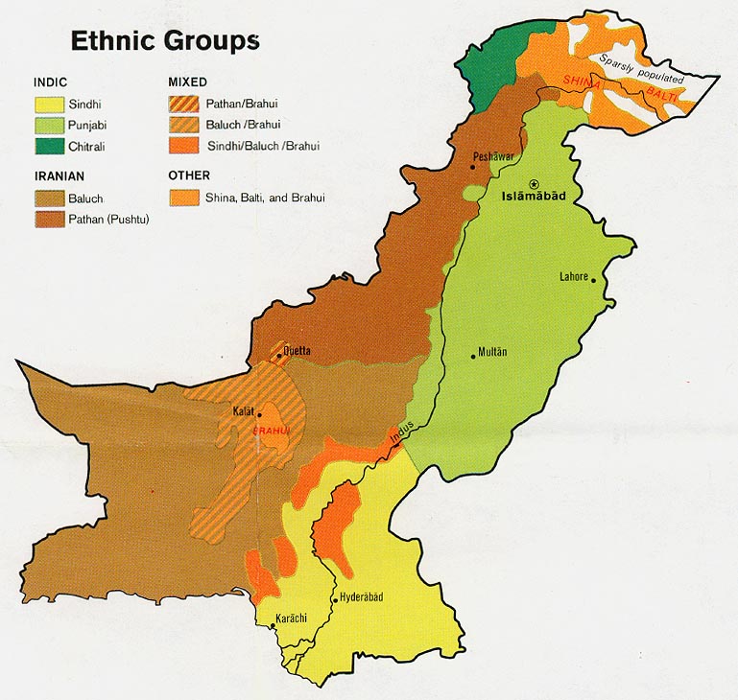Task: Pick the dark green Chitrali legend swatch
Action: point(49,145)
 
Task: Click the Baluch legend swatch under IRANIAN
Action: point(49,198)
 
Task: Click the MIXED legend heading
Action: point(187,82)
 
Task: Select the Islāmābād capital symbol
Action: point(535,183)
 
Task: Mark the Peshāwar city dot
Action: point(473,167)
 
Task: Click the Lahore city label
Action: point(574,277)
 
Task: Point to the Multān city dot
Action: point(473,357)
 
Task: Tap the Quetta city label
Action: point(297,351)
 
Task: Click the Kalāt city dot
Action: point(259,415)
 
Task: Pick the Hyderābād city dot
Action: point(333,600)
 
